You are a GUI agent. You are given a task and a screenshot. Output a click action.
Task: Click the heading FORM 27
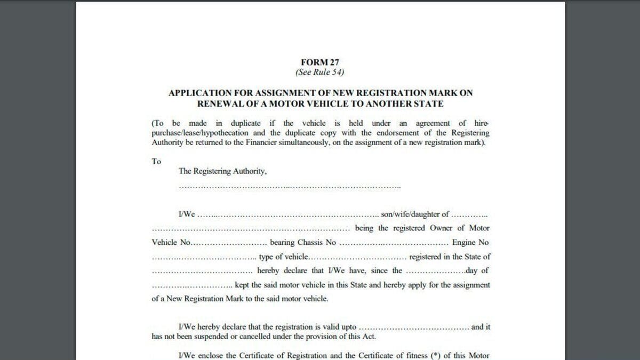[320, 62]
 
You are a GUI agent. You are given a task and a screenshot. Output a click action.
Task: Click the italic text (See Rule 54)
[320, 72]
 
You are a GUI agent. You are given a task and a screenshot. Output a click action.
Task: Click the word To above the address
[156, 161]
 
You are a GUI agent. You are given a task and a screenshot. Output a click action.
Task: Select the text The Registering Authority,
[222, 172]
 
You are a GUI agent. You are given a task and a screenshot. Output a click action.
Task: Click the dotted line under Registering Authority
[290, 187]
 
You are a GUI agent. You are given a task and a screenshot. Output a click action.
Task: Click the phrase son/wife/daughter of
[415, 214]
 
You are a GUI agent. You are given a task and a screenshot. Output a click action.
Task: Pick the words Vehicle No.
[171, 242]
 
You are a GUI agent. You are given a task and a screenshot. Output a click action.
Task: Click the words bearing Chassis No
[303, 242]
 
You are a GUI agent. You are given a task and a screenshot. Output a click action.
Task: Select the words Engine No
[470, 242]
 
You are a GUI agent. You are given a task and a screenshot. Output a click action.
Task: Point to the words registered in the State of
[450, 257]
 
